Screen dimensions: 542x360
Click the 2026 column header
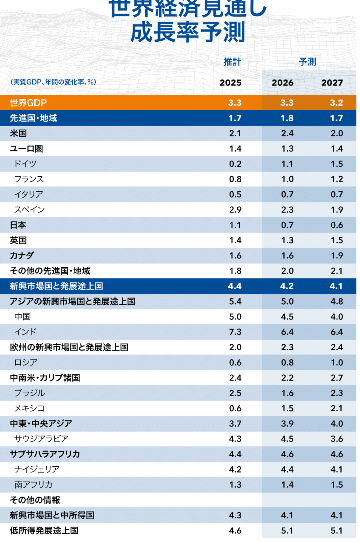[x=282, y=83]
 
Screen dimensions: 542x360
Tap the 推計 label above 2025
[x=232, y=62]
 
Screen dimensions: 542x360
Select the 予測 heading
[x=307, y=62]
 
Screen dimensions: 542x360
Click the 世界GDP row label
[x=28, y=103]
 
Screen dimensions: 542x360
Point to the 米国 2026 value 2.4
[x=287, y=133]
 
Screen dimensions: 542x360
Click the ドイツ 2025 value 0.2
[x=235, y=164]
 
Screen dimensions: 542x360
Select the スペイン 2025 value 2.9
[x=235, y=210]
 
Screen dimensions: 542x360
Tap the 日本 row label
[x=18, y=225]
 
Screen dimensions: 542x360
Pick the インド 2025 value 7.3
[x=235, y=332]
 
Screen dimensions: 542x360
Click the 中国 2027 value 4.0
[x=337, y=317]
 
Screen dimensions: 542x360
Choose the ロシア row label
[x=26, y=362]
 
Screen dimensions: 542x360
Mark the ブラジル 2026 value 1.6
[x=287, y=393]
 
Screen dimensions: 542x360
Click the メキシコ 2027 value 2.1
[x=337, y=408]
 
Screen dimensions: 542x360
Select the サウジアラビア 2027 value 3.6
[x=337, y=439]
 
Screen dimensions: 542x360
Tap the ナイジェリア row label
[x=37, y=469]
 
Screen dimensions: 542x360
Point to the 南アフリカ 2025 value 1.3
[x=235, y=484]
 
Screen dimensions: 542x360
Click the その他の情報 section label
[x=35, y=500]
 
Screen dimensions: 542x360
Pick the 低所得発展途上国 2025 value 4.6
[x=235, y=531]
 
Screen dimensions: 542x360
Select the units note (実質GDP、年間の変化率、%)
[x=53, y=82]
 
